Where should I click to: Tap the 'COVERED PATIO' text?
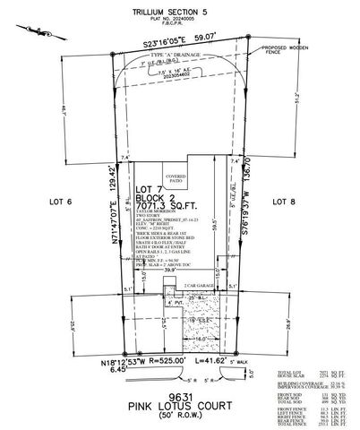point(175,179)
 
